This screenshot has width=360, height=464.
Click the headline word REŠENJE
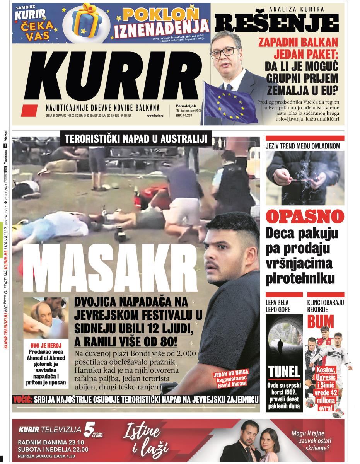[276, 22]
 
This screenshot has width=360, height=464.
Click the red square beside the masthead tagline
[29, 111]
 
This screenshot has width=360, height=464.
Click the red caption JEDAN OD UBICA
[231, 372]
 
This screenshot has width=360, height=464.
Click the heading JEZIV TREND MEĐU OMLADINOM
[303, 146]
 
